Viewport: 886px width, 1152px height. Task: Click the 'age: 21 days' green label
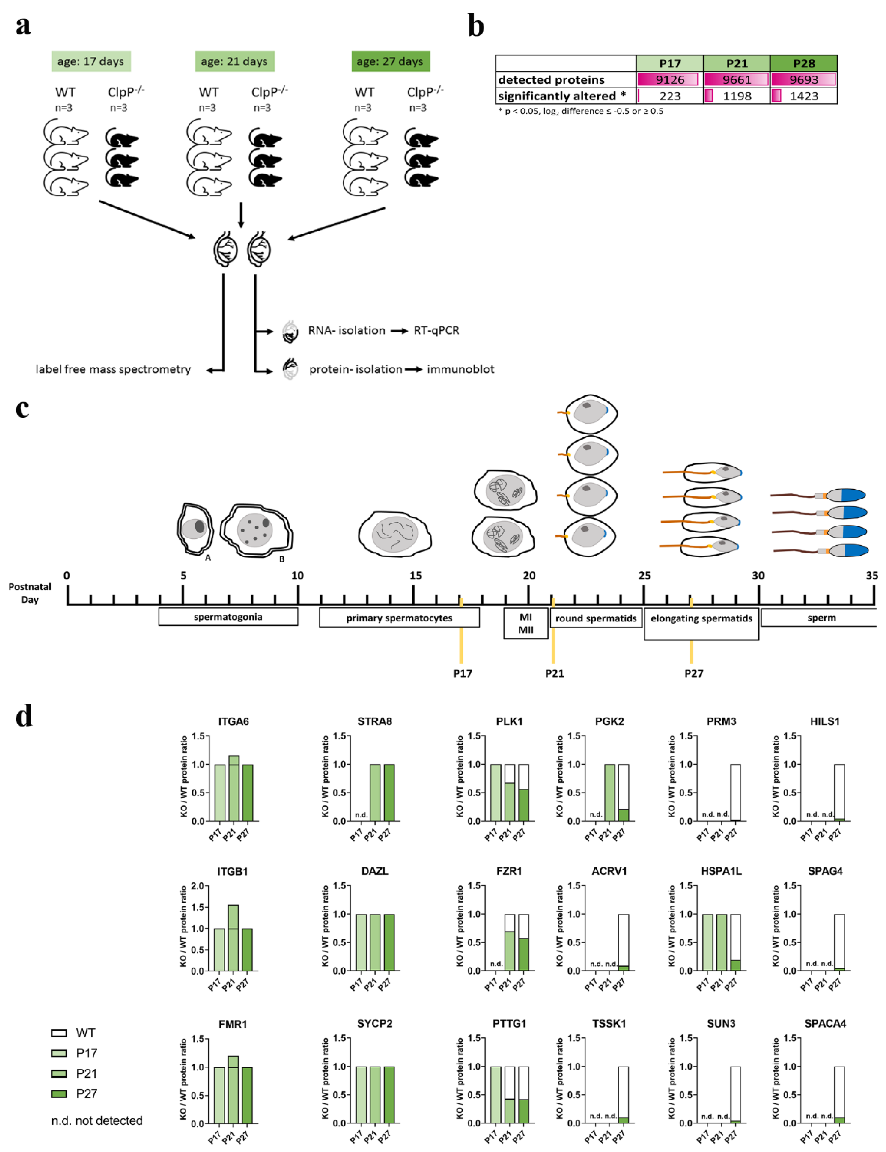tap(234, 61)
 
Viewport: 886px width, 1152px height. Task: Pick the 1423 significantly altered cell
tap(804, 96)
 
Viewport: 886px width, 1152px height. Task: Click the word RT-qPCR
tap(436, 331)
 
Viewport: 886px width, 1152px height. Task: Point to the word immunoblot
tap(460, 369)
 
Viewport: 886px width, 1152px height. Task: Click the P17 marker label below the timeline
tap(463, 673)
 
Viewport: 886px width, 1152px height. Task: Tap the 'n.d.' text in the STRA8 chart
tap(361, 815)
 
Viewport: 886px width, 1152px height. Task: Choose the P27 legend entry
tap(74, 1093)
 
